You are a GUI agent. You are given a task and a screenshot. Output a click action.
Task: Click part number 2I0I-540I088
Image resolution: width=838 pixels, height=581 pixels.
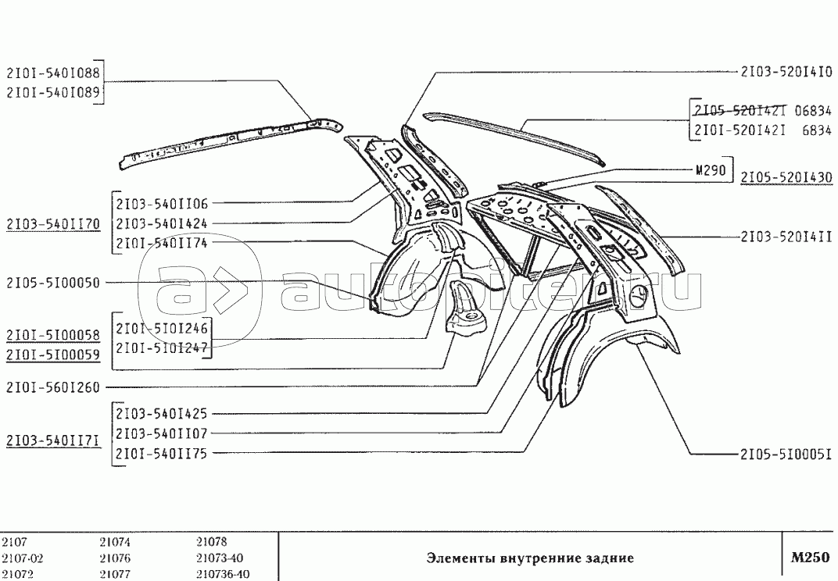point(53,73)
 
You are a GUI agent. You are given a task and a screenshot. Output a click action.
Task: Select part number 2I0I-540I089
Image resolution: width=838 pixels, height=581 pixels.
point(53,92)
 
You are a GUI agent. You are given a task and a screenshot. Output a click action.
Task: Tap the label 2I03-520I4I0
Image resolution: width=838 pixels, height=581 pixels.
point(786,72)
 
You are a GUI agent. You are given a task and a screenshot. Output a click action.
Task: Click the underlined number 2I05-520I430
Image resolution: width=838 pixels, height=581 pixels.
point(786,176)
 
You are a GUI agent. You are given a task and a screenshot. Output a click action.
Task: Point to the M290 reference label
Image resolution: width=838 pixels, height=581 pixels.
point(711,170)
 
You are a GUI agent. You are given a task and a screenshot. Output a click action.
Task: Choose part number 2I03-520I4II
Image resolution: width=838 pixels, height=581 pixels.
point(786,237)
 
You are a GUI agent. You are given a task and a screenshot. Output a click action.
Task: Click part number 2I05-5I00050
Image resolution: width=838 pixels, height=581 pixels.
point(53,283)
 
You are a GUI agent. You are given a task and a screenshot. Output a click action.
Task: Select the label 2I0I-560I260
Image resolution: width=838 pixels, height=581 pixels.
point(53,387)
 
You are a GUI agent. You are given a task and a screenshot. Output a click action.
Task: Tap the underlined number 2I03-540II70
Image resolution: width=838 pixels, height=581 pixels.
point(53,224)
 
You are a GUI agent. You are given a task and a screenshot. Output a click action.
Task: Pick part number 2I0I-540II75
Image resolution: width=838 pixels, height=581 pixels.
point(161,454)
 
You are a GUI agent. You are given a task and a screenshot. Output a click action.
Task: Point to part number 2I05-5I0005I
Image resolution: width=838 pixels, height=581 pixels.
point(786,454)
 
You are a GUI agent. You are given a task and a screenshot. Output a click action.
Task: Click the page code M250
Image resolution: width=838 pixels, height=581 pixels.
point(810,558)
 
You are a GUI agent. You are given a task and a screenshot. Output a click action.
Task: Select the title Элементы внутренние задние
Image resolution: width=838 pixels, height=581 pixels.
point(530,558)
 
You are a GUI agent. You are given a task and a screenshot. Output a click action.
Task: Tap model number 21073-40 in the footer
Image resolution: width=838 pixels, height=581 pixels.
point(220,558)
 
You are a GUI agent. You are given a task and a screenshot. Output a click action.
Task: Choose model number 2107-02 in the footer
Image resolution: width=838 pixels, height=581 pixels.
point(23,558)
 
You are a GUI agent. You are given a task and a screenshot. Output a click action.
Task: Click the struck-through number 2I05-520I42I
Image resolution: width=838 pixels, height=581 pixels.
point(740,111)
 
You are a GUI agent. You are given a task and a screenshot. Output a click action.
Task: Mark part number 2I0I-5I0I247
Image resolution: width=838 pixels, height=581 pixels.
point(161,347)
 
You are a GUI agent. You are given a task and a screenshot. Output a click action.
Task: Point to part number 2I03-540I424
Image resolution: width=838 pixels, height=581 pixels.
point(161,223)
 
